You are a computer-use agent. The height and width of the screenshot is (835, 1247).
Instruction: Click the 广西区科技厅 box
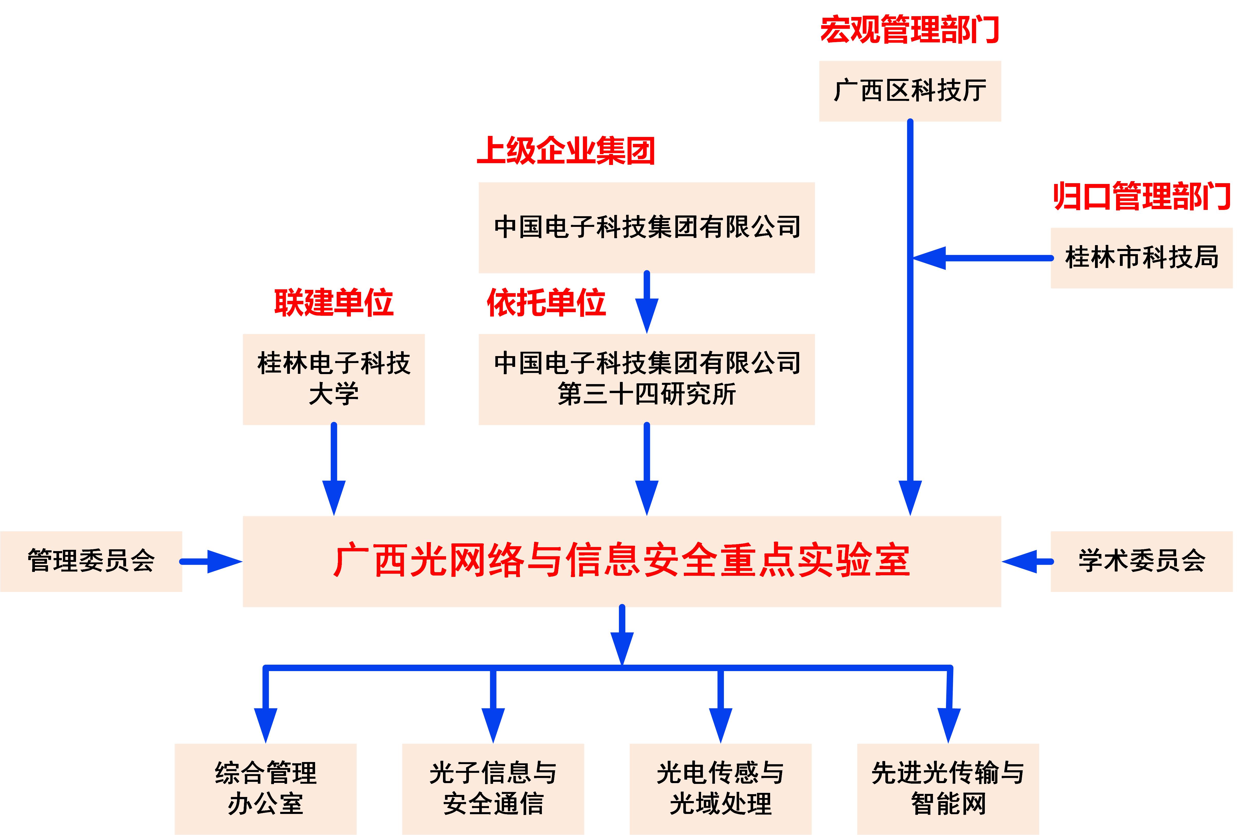tap(910, 91)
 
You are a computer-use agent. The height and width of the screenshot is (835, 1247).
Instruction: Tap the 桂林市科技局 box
tap(1141, 258)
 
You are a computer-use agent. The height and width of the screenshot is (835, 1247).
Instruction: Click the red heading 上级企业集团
tap(566, 151)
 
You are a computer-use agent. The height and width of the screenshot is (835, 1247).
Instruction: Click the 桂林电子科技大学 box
tap(334, 379)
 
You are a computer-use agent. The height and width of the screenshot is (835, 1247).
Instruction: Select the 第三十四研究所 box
tap(647, 379)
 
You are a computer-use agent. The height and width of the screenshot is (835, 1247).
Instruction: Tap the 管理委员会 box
tap(91, 561)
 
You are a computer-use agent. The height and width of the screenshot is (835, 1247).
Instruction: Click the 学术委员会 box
tap(1141, 561)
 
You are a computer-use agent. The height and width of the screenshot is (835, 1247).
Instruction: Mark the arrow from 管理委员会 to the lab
tap(212, 561)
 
